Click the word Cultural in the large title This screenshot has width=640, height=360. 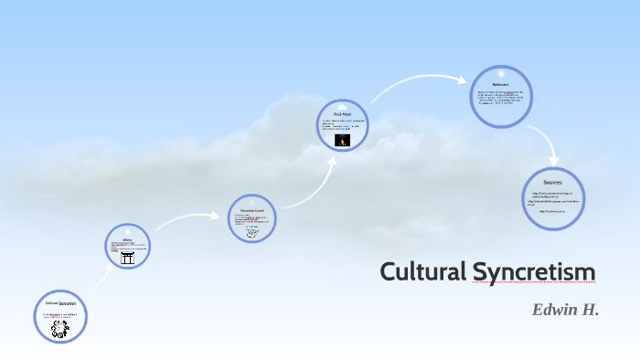pos(422,271)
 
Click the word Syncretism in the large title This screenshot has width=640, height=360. pos(534,271)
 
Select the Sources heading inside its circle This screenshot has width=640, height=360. pos(552,183)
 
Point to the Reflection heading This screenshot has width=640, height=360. pos(500,84)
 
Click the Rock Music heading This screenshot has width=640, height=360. pos(343,114)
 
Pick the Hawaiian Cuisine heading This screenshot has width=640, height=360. pos(252,210)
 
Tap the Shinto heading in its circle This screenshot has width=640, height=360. pos(128,240)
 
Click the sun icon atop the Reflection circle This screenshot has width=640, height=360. pos(500,72)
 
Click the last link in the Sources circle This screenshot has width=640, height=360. pos(551,211)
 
